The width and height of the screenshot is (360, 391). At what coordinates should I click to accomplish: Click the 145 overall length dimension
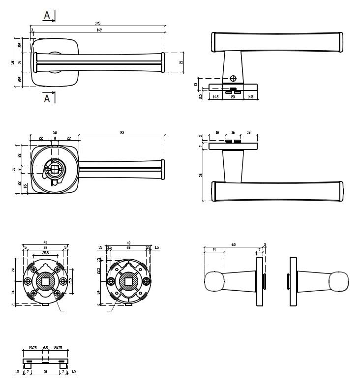97,23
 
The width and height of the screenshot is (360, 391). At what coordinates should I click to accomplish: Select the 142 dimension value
99,30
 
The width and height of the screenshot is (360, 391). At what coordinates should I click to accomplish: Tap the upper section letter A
47,15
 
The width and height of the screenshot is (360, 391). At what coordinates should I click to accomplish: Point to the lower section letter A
47,98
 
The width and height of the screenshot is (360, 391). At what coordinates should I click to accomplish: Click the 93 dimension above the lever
121,132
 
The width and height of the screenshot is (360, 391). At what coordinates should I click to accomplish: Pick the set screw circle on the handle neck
233,78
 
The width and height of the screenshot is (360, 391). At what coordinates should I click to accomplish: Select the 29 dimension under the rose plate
233,97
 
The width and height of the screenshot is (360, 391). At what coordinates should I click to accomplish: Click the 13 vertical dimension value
196,85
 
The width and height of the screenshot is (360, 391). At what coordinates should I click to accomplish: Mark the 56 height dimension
201,175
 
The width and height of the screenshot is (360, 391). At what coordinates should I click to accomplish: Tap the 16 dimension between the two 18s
233,133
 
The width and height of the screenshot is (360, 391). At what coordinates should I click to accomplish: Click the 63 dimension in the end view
234,244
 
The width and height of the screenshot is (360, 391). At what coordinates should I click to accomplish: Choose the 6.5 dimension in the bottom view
46,348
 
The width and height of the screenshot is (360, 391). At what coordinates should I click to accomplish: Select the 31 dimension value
45,372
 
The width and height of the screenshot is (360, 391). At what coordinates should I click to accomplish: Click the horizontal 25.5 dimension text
45,253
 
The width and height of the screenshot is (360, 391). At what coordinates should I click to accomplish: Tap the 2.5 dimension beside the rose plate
201,97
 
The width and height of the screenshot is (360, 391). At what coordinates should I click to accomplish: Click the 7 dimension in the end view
259,250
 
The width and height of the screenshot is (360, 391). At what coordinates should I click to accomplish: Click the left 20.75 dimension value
32,348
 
